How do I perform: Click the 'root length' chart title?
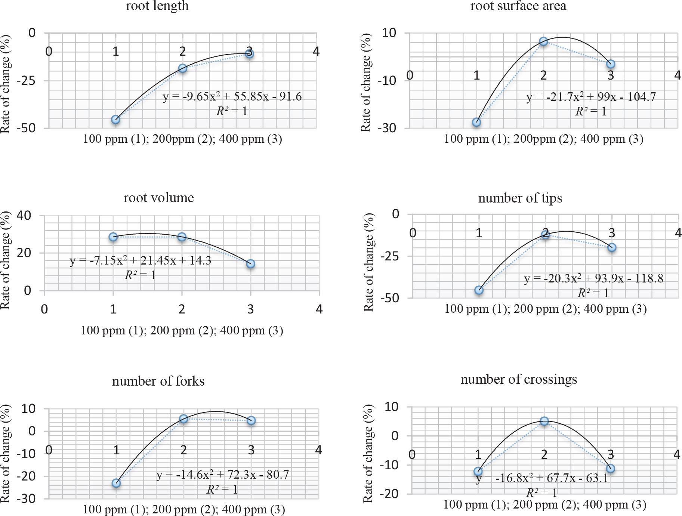pos(157,6)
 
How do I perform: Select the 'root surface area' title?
pos(518,6)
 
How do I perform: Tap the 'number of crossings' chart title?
pos(519,379)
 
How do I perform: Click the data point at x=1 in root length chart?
pos(116,120)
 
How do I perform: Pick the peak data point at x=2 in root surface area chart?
pos(543,41)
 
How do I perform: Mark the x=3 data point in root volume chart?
pos(250,264)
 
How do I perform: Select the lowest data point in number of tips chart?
pos(479,290)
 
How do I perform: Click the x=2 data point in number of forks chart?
pos(183,419)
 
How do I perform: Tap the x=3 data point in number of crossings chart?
pos(610,469)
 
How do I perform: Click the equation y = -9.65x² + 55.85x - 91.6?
pos(232,97)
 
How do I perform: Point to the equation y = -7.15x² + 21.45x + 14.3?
pos(141,260)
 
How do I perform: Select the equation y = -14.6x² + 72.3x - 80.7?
pos(222,475)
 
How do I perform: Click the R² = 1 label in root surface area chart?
pos(591,111)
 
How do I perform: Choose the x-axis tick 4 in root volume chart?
pos(319,309)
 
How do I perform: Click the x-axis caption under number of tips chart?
pos(545,309)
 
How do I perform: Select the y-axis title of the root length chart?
pos(6,84)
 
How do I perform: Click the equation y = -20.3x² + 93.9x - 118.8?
pos(593,278)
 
